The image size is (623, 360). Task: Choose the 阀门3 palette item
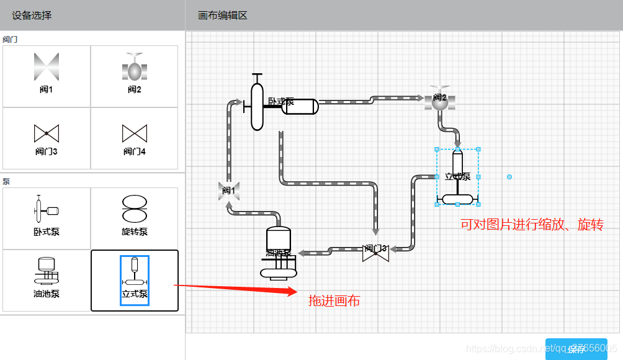coord(47,138)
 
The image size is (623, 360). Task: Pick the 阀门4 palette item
coord(135,138)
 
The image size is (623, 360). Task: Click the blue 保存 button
coord(576,349)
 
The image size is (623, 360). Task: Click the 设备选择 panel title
coord(32,15)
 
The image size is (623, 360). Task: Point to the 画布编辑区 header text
coord(223,15)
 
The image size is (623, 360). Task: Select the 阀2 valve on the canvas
coord(440,99)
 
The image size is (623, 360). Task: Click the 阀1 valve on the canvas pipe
coord(229,191)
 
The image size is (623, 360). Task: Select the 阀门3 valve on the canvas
coord(375,251)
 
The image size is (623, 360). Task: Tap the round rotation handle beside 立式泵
coord(509,177)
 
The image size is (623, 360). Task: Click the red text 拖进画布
coord(334,301)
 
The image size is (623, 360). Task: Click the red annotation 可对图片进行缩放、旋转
coord(532,225)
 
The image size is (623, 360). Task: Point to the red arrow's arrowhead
coord(293,291)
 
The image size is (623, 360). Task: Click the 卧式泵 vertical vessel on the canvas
coord(258,106)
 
